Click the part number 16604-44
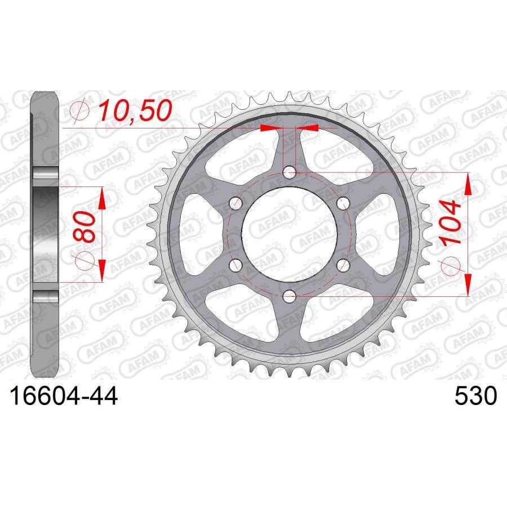click(63, 397)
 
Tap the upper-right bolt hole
click(344, 203)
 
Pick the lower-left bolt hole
click(235, 264)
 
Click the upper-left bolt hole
click(235, 203)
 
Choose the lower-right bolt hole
click(344, 264)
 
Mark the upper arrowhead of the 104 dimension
click(468, 183)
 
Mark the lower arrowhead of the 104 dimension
click(468, 284)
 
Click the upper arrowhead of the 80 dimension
click(102, 197)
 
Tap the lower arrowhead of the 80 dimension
click(102, 270)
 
